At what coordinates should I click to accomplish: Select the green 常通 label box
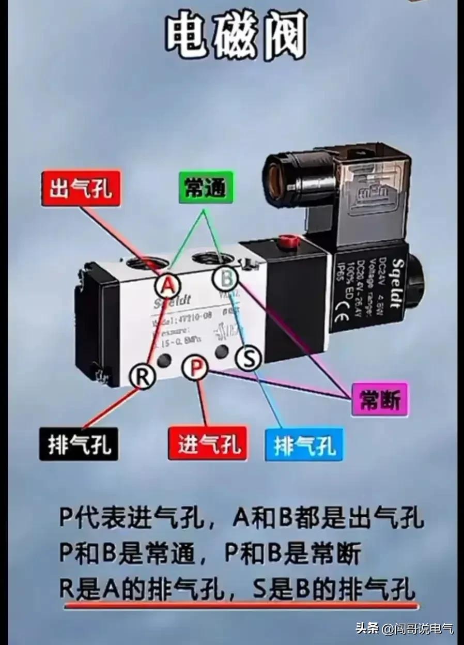tap(205, 188)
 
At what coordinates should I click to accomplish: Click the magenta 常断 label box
tap(380, 400)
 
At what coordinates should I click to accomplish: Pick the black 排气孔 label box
tap(79, 444)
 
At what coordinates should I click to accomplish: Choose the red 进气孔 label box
tap(208, 444)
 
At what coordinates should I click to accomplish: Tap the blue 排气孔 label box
tap(304, 444)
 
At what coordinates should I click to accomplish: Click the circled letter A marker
tap(168, 284)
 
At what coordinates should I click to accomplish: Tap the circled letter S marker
tap(249, 358)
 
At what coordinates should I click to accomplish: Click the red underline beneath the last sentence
tap(238, 602)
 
